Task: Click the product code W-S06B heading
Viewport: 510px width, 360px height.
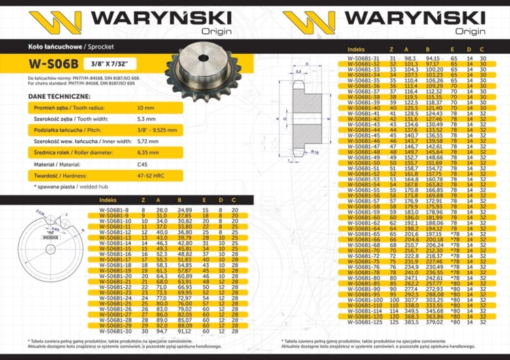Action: click(52, 66)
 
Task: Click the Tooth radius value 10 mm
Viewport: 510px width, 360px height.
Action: click(146, 108)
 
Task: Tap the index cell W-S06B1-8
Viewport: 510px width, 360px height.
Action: click(114, 210)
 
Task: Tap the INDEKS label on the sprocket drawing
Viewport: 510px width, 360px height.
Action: click(50, 238)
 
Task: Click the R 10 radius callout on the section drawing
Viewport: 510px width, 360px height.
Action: click(315, 153)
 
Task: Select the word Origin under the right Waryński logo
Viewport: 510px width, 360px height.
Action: click(470, 31)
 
